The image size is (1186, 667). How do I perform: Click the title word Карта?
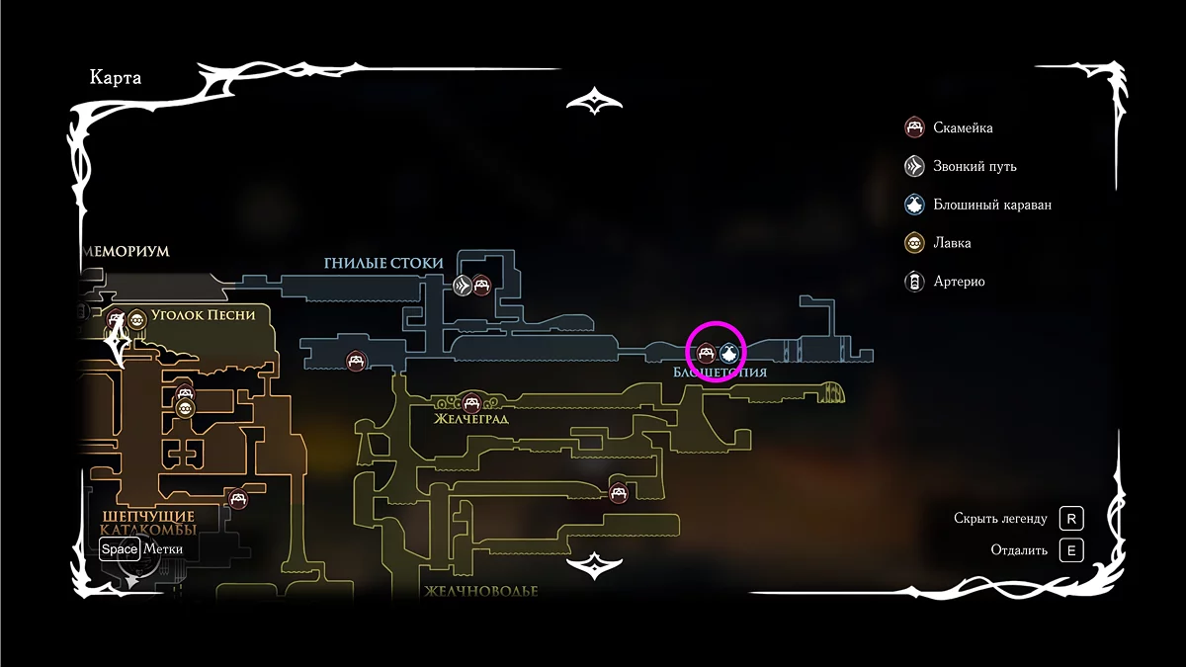tap(116, 78)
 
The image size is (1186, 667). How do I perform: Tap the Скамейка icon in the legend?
tap(915, 127)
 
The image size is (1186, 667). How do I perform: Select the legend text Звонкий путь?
tap(974, 166)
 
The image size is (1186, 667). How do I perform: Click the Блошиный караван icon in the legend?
tap(915, 205)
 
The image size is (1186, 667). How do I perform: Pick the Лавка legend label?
tap(952, 243)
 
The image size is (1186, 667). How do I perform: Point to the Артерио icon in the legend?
tap(915, 282)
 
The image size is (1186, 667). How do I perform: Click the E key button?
tap(1070, 550)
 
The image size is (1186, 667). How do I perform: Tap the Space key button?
tap(120, 549)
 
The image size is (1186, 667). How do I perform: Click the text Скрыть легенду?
tap(1000, 519)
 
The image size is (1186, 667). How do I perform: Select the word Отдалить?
tap(1019, 550)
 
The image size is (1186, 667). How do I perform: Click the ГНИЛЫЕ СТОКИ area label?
tap(383, 263)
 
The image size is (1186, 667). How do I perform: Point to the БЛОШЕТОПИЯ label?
tap(720, 373)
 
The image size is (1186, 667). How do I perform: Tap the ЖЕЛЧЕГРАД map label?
tap(471, 418)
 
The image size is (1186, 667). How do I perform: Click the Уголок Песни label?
tap(204, 315)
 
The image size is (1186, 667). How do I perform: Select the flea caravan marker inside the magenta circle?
tap(729, 351)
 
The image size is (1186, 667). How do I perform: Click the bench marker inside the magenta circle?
tap(707, 351)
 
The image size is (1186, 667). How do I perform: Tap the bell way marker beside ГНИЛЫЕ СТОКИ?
tap(462, 286)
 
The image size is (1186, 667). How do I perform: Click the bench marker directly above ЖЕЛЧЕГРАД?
tap(471, 402)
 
